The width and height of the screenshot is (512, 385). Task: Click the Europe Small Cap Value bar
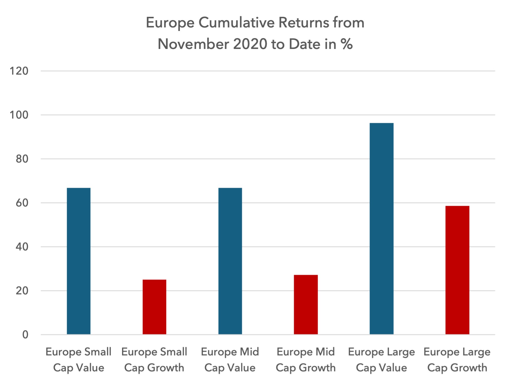click(x=79, y=261)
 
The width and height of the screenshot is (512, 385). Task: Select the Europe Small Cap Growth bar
click(x=154, y=307)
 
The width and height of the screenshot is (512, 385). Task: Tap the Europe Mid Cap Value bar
click(x=230, y=261)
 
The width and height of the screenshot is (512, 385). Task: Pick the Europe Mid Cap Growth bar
click(x=306, y=305)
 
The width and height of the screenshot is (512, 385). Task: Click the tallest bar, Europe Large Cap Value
click(x=381, y=228)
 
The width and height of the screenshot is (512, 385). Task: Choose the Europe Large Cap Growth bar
click(x=457, y=270)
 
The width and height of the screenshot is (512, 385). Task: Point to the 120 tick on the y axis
click(x=19, y=71)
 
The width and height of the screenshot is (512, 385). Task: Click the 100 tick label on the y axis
click(x=19, y=115)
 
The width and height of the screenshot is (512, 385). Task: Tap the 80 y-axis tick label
click(x=22, y=159)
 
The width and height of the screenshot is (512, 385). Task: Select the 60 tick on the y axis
click(x=22, y=203)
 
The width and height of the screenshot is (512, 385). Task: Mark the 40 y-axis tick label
click(x=22, y=247)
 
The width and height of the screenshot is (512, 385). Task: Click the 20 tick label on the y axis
click(x=22, y=291)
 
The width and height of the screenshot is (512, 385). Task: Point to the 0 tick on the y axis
click(x=25, y=335)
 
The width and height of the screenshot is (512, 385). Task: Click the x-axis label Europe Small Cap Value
click(x=79, y=360)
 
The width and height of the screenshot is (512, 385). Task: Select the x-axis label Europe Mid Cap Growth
click(x=306, y=360)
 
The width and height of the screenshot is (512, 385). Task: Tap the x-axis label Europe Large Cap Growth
click(x=457, y=360)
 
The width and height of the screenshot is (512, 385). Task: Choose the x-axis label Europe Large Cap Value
click(x=381, y=360)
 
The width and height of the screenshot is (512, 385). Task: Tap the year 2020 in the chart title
click(x=250, y=44)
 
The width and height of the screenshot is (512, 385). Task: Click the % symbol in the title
click(x=347, y=44)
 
